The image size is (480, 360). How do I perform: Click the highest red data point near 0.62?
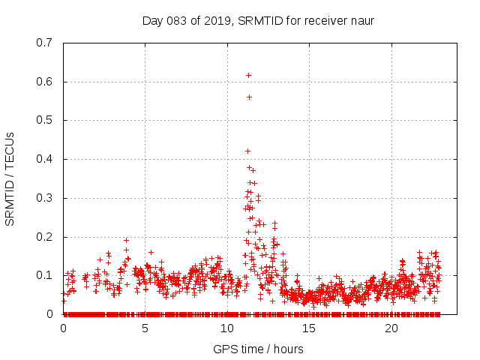(x=248, y=75)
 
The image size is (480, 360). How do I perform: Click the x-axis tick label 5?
(x=145, y=328)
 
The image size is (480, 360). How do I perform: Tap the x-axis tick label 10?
(x=227, y=328)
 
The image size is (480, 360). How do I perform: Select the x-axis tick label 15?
(x=309, y=328)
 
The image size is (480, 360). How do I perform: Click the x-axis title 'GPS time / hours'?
(x=258, y=349)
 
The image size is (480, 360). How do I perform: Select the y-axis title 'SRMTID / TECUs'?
(x=10, y=179)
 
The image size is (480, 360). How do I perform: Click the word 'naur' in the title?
(x=362, y=20)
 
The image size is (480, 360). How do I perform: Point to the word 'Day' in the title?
(x=152, y=20)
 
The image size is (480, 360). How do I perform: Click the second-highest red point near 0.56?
(x=249, y=97)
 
